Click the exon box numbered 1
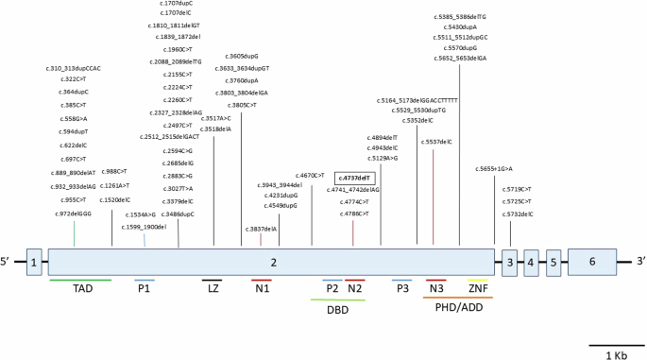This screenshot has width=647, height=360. pos(34,262)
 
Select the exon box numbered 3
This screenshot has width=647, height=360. pos(509,262)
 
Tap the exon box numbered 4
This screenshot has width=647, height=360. pos(532,262)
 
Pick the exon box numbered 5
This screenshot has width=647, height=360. pos(553,262)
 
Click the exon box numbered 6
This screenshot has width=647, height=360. pos(592,262)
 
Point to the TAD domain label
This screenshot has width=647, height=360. pos(82,289)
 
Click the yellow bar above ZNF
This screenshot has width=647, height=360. pos(478,279)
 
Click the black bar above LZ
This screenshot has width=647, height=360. pos(212,279)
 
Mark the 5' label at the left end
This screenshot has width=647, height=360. pos(9,262)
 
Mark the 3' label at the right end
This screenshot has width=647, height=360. pos(638,262)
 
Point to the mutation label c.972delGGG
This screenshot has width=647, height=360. pos(75,214)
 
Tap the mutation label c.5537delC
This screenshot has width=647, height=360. pos(433,141)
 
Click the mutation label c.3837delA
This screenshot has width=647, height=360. pos(262,228)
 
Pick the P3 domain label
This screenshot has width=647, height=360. pos(403,289)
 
